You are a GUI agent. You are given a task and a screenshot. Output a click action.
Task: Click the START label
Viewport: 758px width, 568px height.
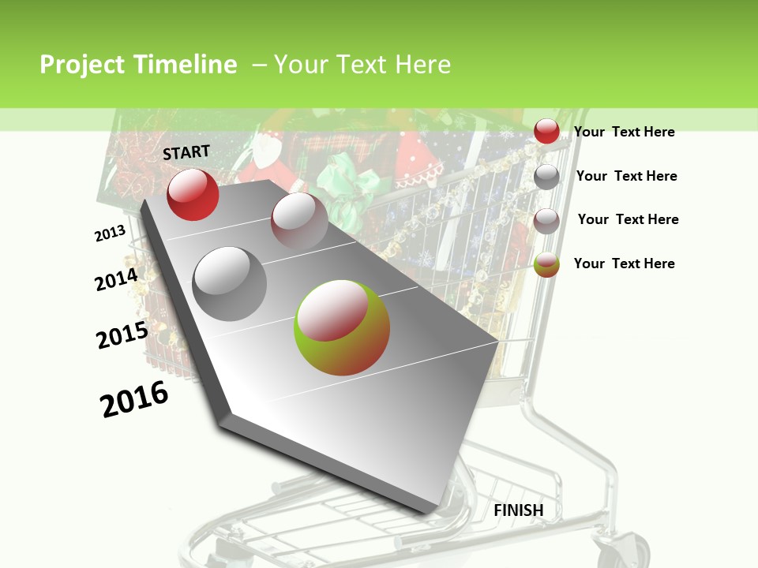coord(186,152)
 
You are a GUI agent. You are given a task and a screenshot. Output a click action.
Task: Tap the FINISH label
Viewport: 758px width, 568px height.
coord(518,510)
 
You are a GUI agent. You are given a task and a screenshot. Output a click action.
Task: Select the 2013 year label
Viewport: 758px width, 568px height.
coord(111,234)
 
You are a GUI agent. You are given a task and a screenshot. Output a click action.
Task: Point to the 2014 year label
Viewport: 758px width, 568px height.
coord(116,279)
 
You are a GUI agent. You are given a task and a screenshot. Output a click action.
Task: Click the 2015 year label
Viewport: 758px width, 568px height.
coord(122,335)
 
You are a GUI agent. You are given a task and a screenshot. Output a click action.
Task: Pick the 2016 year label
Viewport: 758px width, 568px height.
coord(135,399)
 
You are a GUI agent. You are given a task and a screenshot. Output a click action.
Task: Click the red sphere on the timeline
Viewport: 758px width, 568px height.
coord(193,194)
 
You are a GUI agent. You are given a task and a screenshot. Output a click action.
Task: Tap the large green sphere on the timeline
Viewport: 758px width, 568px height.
coord(342,327)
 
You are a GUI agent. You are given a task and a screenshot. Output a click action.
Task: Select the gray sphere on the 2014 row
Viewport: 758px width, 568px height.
coord(230,283)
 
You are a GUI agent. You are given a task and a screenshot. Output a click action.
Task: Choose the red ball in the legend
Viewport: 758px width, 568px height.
coord(546,131)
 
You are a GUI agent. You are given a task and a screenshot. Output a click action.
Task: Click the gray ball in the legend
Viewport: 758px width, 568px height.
coord(546,176)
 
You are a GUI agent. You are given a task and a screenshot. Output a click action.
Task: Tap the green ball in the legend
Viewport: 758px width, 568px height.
coord(546,264)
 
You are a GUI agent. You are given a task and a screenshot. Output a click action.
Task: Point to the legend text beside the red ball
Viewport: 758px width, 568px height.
coord(624,132)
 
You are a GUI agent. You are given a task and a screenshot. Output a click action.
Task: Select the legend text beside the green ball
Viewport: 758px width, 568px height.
coord(624,263)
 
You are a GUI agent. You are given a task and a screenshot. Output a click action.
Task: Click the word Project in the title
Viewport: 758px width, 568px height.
coord(82,65)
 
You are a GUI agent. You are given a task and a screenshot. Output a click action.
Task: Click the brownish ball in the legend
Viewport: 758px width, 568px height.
coord(546,221)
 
